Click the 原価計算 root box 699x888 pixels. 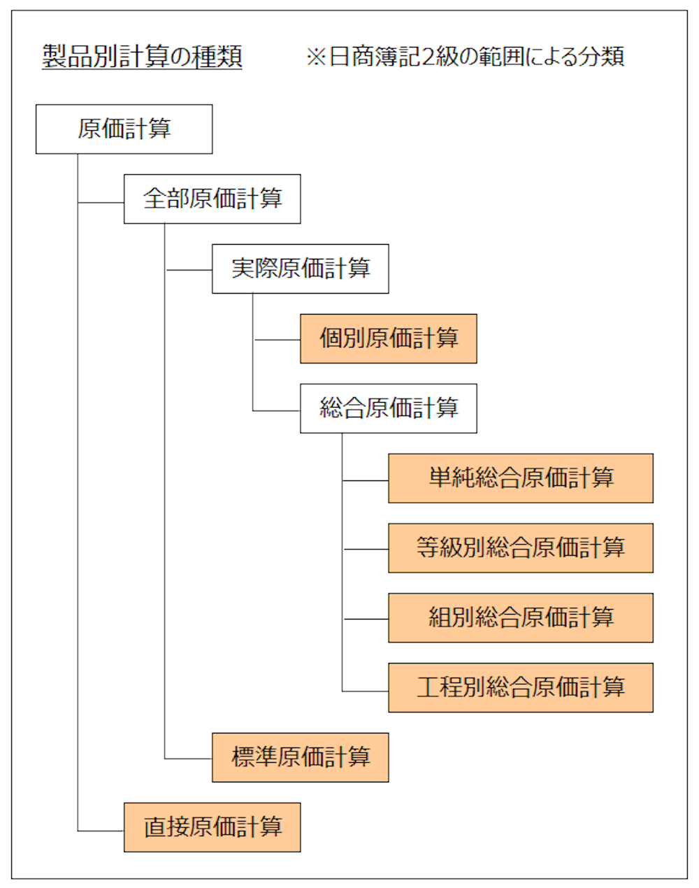click(x=124, y=129)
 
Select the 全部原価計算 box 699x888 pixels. click(x=212, y=199)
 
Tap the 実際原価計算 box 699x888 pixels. click(x=300, y=269)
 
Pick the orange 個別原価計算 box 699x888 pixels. click(x=388, y=339)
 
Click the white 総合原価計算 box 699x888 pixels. click(x=388, y=408)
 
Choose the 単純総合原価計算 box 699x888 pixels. click(x=520, y=478)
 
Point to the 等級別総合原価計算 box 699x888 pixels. click(x=520, y=548)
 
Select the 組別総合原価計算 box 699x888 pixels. click(x=520, y=618)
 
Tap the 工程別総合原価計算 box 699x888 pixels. click(x=520, y=688)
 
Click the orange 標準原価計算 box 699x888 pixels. click(x=300, y=758)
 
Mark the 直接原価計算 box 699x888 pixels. click(x=212, y=828)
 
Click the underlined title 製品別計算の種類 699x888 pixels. click(x=142, y=57)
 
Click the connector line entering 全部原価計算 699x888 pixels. click(x=101, y=203)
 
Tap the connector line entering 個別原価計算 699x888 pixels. click(x=278, y=341)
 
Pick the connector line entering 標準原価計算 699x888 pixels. click(x=189, y=759)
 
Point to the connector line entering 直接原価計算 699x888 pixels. click(x=101, y=831)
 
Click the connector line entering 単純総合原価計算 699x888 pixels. click(x=366, y=481)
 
